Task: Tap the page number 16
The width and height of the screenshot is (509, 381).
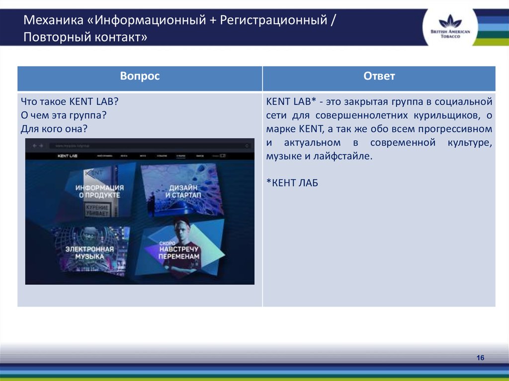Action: click(480, 358)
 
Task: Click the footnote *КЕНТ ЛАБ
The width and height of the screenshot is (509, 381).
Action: click(292, 183)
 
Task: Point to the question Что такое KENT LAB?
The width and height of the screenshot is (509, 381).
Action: click(69, 102)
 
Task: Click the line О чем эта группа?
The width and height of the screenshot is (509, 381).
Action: click(64, 115)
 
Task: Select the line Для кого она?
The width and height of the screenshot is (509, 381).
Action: click(54, 129)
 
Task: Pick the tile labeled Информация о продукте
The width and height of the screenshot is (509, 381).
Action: click(99, 192)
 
